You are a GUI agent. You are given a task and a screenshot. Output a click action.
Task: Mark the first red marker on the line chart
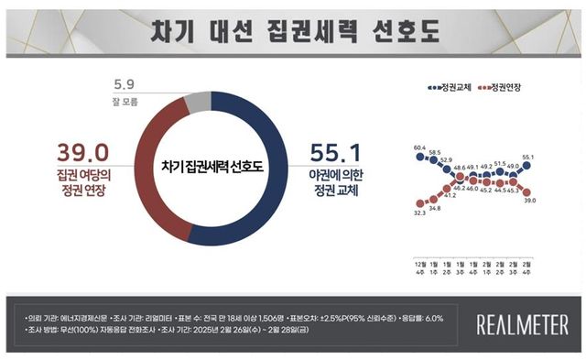tap(420, 203)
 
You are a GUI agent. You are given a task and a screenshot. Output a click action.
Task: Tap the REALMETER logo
tap(523, 323)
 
